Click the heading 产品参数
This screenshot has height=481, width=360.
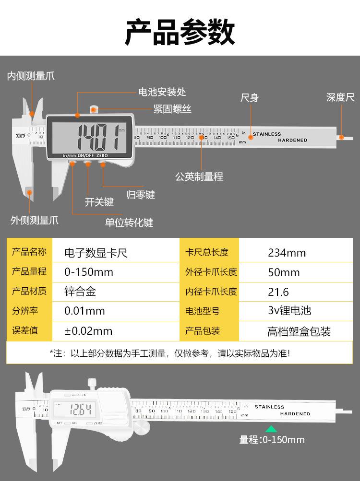180,33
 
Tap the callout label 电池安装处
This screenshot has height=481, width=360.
162,92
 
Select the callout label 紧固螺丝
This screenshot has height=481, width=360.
172,110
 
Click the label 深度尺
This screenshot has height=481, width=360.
340,97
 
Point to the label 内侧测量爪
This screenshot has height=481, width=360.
31,76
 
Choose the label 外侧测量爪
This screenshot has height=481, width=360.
35,221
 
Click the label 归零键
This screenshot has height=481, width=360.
141,195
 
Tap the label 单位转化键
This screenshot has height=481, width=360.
129,223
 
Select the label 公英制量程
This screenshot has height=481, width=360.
199,176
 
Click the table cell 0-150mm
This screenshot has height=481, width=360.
89,272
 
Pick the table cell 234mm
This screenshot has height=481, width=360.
287,253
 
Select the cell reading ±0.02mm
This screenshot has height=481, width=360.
88,331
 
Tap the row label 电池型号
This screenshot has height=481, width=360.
202,311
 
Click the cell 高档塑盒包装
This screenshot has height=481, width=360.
299,331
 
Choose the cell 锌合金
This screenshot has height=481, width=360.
80,292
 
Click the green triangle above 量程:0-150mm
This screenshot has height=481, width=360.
271,429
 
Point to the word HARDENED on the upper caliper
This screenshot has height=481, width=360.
292,140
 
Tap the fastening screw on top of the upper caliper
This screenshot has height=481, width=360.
94,109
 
